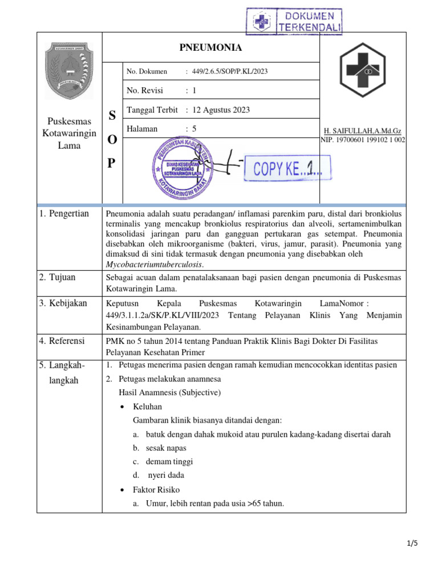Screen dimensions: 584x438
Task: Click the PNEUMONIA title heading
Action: click(x=211, y=47)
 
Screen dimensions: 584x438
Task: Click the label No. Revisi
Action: click(x=144, y=90)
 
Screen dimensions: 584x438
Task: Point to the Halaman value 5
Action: click(x=194, y=129)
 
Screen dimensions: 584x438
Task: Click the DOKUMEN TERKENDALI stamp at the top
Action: click(x=294, y=22)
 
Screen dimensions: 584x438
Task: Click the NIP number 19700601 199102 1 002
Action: click(x=363, y=140)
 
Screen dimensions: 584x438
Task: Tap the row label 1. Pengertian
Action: click(x=64, y=214)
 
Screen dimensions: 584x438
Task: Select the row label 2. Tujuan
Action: click(x=57, y=277)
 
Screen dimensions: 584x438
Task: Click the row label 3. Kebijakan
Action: click(x=63, y=303)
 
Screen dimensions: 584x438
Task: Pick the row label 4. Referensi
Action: click(x=62, y=340)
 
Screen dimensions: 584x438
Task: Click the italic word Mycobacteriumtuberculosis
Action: click(x=155, y=265)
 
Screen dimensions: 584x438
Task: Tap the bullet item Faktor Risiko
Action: click(x=156, y=490)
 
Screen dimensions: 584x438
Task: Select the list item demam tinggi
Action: click(x=169, y=461)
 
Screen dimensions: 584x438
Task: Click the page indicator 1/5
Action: click(x=412, y=543)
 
